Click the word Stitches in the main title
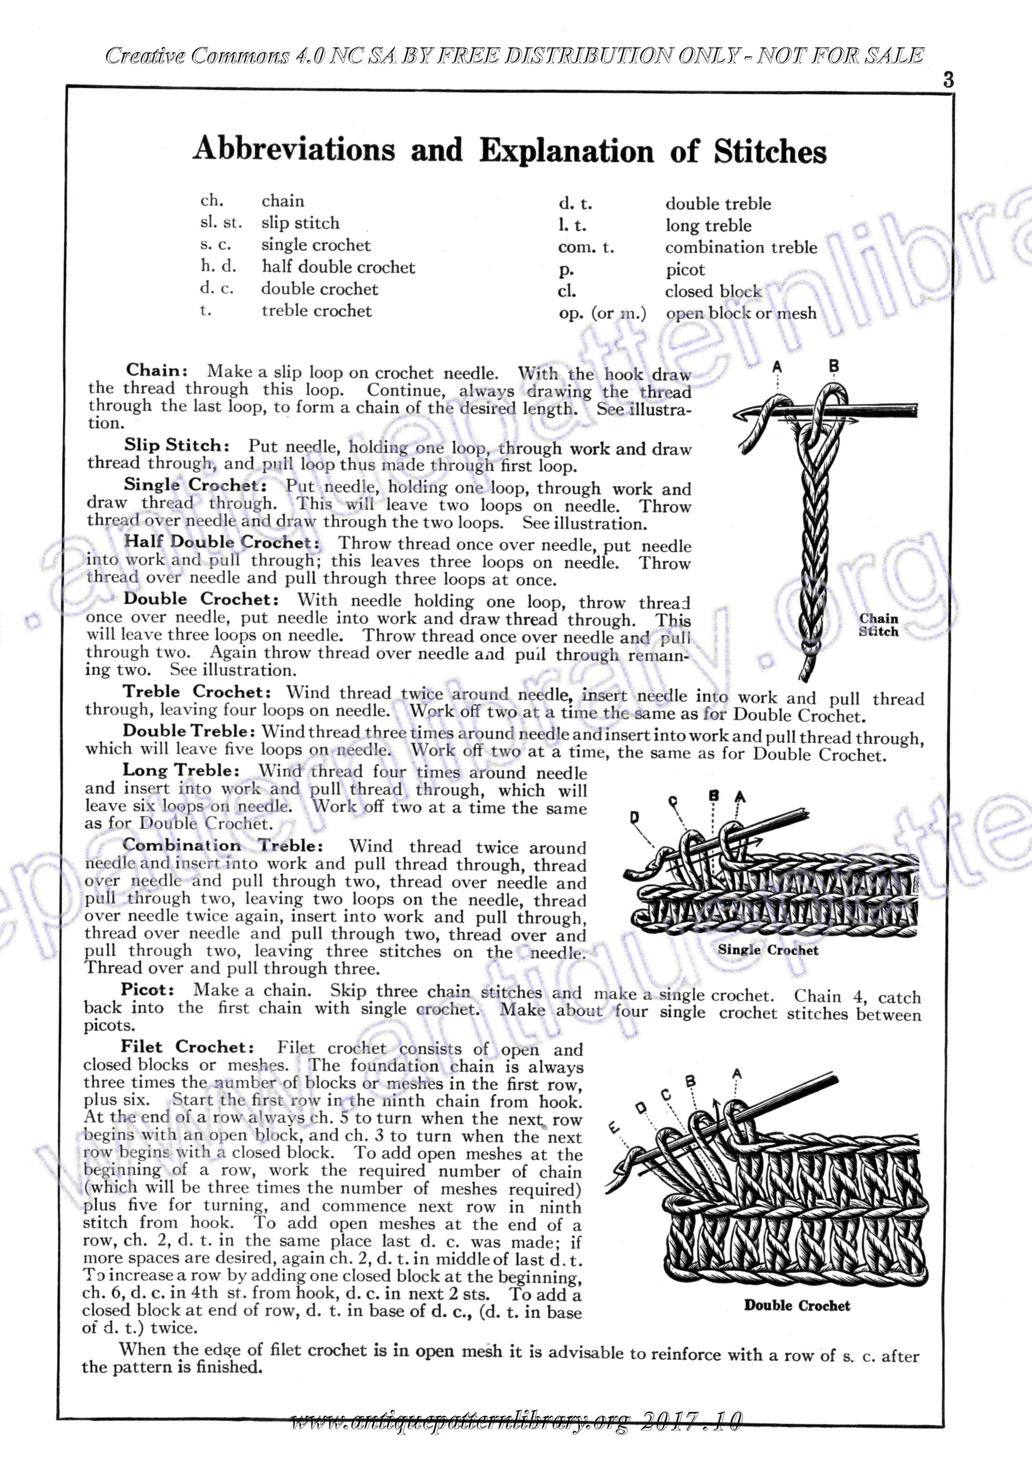pos(769,152)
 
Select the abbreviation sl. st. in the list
pos(221,223)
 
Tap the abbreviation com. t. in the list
pos(586,247)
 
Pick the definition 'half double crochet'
pos(338,267)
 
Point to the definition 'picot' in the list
pos(685,270)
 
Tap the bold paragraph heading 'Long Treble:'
pos(181,770)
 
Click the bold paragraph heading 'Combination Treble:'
pos(222,846)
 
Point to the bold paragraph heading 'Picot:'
pos(147,990)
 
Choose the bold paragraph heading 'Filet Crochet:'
pos(187,1046)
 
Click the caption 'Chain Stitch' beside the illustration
pos(879,625)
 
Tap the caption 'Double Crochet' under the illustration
pos(797,1305)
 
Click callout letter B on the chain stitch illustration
pos(834,366)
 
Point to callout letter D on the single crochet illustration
pos(634,818)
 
